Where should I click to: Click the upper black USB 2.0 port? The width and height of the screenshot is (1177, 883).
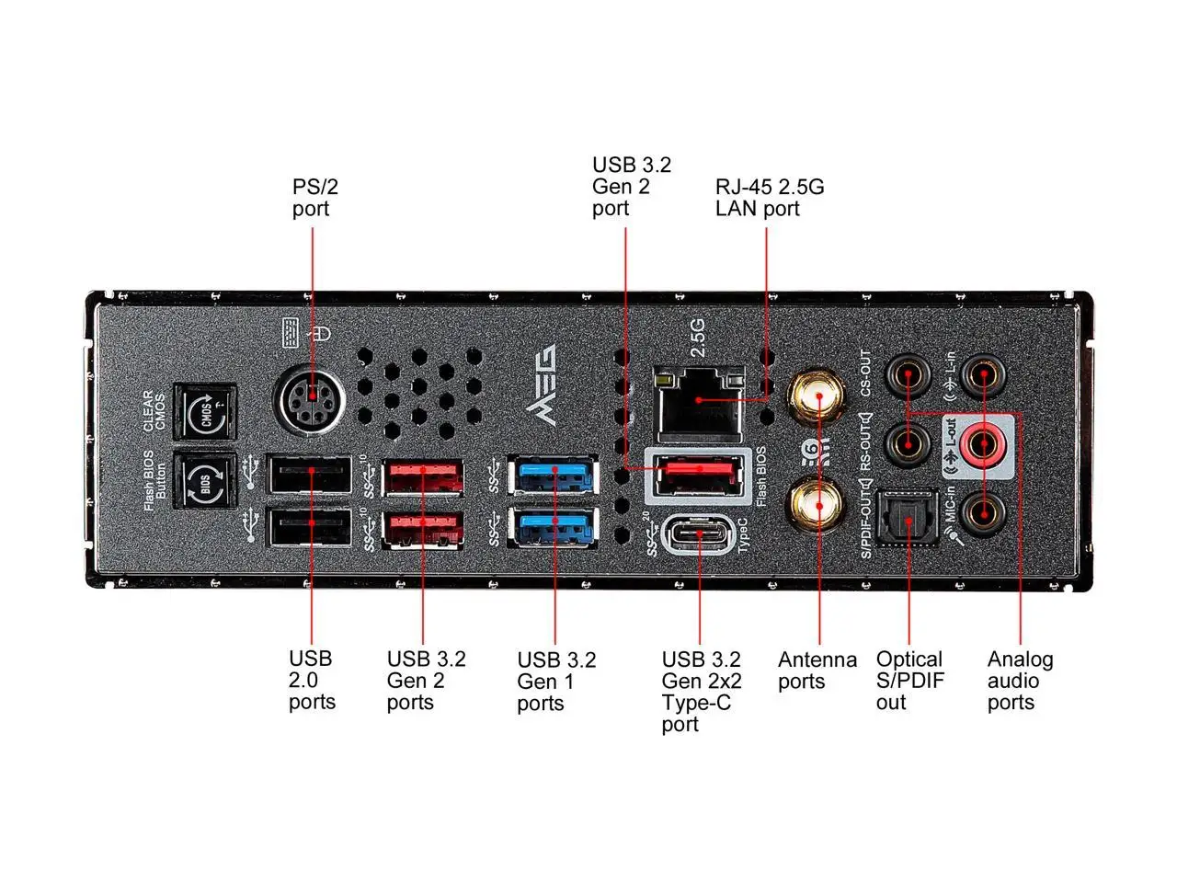pos(309,475)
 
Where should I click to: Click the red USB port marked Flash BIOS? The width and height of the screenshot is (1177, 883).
pos(699,472)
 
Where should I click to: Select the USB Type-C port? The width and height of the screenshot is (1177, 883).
pos(699,533)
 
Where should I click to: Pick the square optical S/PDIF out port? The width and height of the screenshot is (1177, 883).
pos(908,518)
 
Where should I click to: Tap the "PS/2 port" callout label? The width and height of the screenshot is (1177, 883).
pos(315,198)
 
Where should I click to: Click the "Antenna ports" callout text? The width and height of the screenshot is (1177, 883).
pos(817,671)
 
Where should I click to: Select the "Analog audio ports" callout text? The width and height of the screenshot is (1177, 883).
pos(1020,681)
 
